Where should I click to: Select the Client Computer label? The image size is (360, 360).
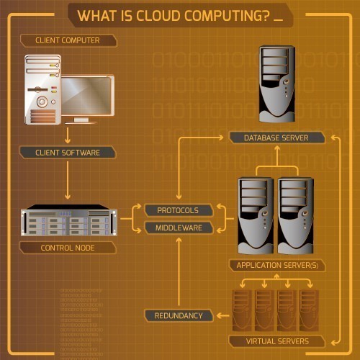[x=67, y=40]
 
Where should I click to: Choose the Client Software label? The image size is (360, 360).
[x=68, y=152]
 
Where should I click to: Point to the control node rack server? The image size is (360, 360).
[x=68, y=222]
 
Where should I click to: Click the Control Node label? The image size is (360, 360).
[x=68, y=248]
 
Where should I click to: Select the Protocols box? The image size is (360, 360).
[x=178, y=210]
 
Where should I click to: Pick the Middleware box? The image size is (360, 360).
[x=178, y=228]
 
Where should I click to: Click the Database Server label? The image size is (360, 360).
[x=277, y=137]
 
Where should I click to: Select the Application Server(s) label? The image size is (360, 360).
[x=277, y=265]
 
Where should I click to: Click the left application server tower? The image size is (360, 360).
[x=256, y=215]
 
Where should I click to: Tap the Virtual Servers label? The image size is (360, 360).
[x=277, y=341]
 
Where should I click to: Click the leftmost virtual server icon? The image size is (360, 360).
[x=243, y=310]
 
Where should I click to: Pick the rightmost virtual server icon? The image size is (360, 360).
[x=310, y=310]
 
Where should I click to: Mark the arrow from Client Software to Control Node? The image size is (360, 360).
[x=68, y=180]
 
